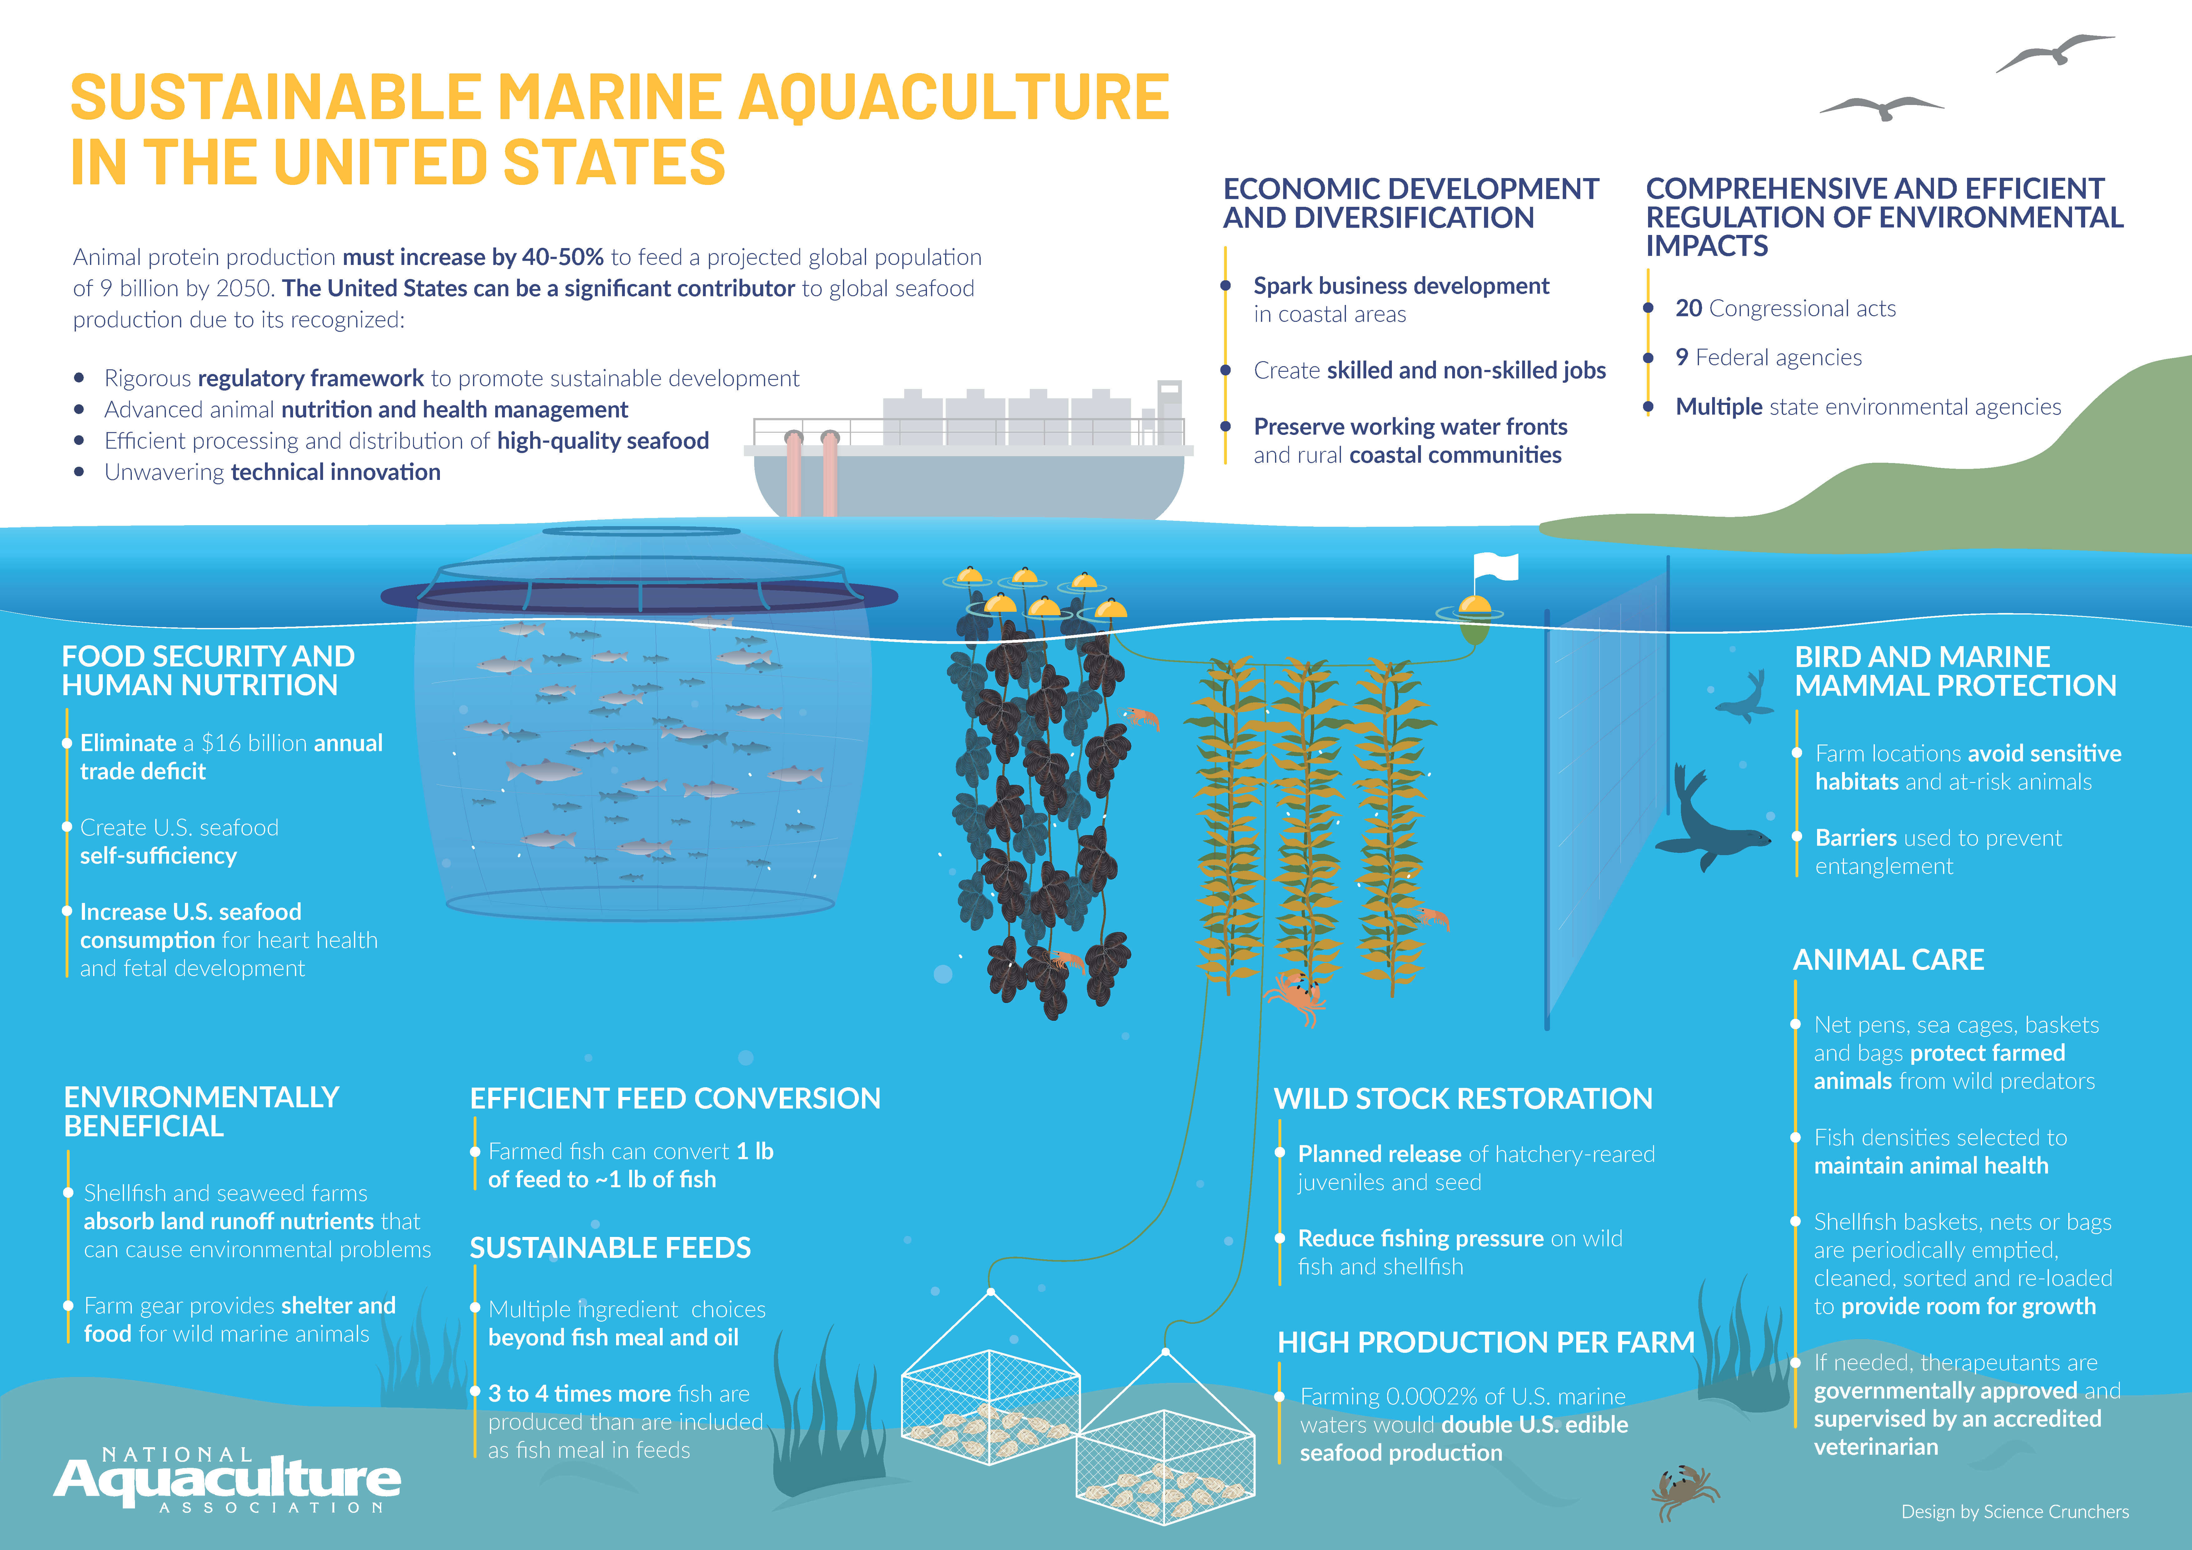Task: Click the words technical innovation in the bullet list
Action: click(335, 472)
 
